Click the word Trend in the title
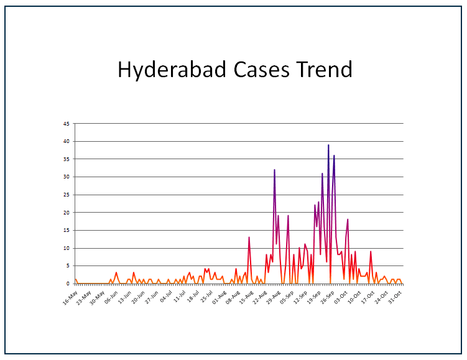click(x=324, y=69)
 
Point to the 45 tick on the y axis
click(x=67, y=124)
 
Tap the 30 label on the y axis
click(x=67, y=177)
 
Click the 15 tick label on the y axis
click(x=67, y=231)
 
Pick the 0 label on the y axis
click(x=68, y=284)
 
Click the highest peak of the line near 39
click(x=328, y=145)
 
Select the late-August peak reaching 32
click(x=274, y=170)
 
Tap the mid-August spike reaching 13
click(x=249, y=238)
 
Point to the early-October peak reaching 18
click(x=348, y=220)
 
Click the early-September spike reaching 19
click(x=288, y=216)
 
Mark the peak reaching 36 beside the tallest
click(x=334, y=156)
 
